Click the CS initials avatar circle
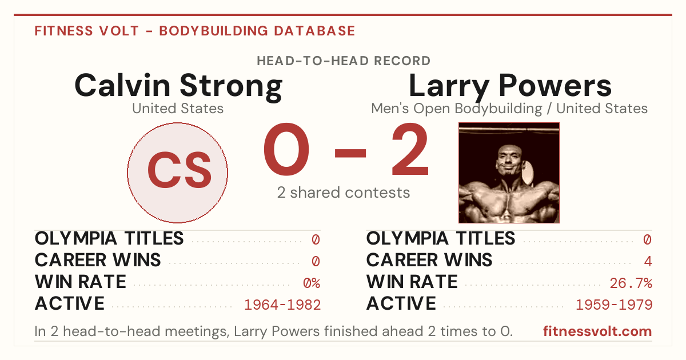177,173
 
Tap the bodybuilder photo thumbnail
509,173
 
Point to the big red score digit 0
286,149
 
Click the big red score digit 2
410,149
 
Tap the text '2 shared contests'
344,193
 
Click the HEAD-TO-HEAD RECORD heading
344,61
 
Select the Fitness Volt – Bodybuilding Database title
195,31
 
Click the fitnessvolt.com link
597,331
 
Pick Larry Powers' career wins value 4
648,261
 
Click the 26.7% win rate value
631,283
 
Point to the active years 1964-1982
282,305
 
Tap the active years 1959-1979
614,305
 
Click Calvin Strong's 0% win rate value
312,283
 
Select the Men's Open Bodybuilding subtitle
457,109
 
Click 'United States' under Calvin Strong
178,109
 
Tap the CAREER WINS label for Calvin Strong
98,260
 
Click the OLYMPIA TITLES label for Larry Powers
441,238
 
